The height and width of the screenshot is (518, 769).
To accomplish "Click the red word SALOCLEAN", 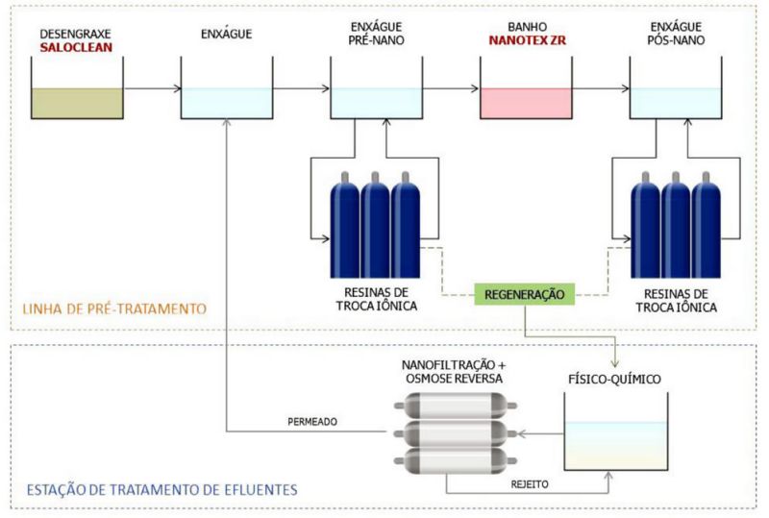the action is [76, 48].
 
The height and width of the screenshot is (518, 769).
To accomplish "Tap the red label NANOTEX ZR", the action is [527, 40].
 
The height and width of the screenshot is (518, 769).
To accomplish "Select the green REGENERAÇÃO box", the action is [524, 294].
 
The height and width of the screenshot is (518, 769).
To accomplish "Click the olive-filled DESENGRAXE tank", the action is [77, 87].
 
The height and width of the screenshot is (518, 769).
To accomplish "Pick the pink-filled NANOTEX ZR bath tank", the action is [526, 87].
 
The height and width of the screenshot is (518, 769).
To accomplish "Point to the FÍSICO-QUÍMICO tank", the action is [615, 432].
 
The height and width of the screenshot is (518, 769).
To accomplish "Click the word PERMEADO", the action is [312, 421].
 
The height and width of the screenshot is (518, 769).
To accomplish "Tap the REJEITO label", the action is [530, 484].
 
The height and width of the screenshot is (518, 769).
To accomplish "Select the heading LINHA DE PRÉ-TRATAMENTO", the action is [114, 308].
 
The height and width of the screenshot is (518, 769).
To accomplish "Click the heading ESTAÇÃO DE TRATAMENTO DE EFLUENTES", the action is [161, 489].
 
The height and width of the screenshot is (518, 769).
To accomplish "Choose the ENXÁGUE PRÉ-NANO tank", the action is [377, 87].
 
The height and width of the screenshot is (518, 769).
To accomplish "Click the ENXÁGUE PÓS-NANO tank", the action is [676, 87].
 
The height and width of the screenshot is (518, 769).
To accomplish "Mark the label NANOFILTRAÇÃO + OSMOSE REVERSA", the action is [454, 372].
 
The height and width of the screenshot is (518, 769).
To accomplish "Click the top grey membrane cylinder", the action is [456, 406].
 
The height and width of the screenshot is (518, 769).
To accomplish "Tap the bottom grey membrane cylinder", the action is [456, 460].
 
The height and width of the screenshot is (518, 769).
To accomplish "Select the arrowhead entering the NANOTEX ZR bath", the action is [475, 88].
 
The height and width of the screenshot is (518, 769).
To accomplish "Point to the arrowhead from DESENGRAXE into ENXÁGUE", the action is [178, 88].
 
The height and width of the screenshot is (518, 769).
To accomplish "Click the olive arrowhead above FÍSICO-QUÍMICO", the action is [615, 363].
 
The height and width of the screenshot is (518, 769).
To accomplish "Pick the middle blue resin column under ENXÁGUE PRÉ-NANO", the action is [375, 225].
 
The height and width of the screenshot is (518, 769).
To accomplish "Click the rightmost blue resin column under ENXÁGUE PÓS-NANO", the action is [707, 225].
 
